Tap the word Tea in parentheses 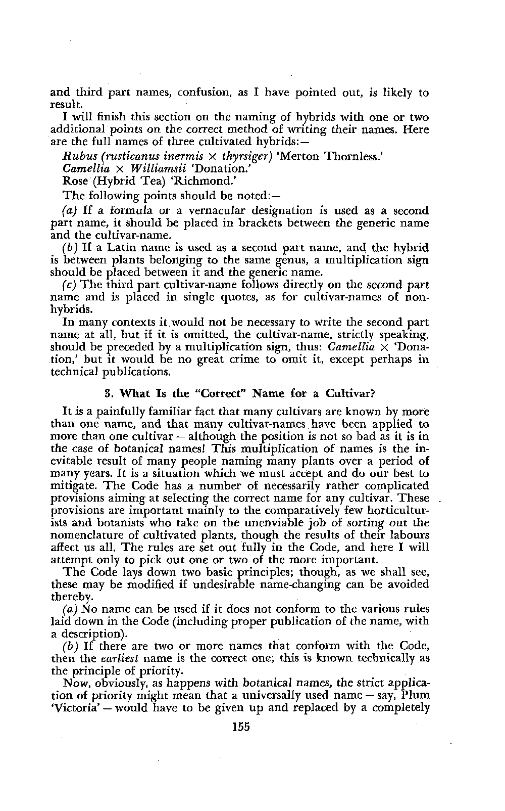tap(126, 180)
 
